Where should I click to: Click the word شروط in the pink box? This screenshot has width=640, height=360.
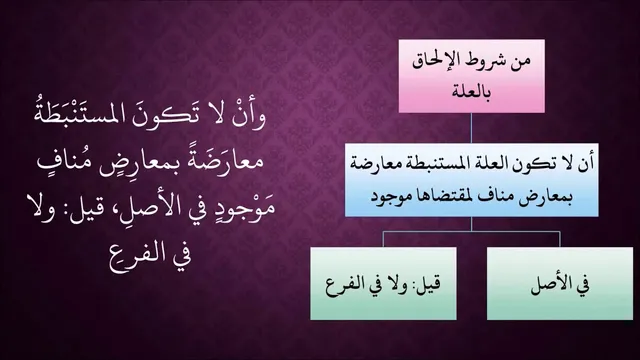485,62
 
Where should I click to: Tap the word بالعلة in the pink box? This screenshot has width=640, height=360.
471,91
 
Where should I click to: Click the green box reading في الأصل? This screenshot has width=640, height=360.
560,283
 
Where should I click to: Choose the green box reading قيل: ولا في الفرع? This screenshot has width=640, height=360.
383,283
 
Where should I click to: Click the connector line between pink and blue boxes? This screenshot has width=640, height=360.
471,128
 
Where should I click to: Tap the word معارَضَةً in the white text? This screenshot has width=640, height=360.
223,162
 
